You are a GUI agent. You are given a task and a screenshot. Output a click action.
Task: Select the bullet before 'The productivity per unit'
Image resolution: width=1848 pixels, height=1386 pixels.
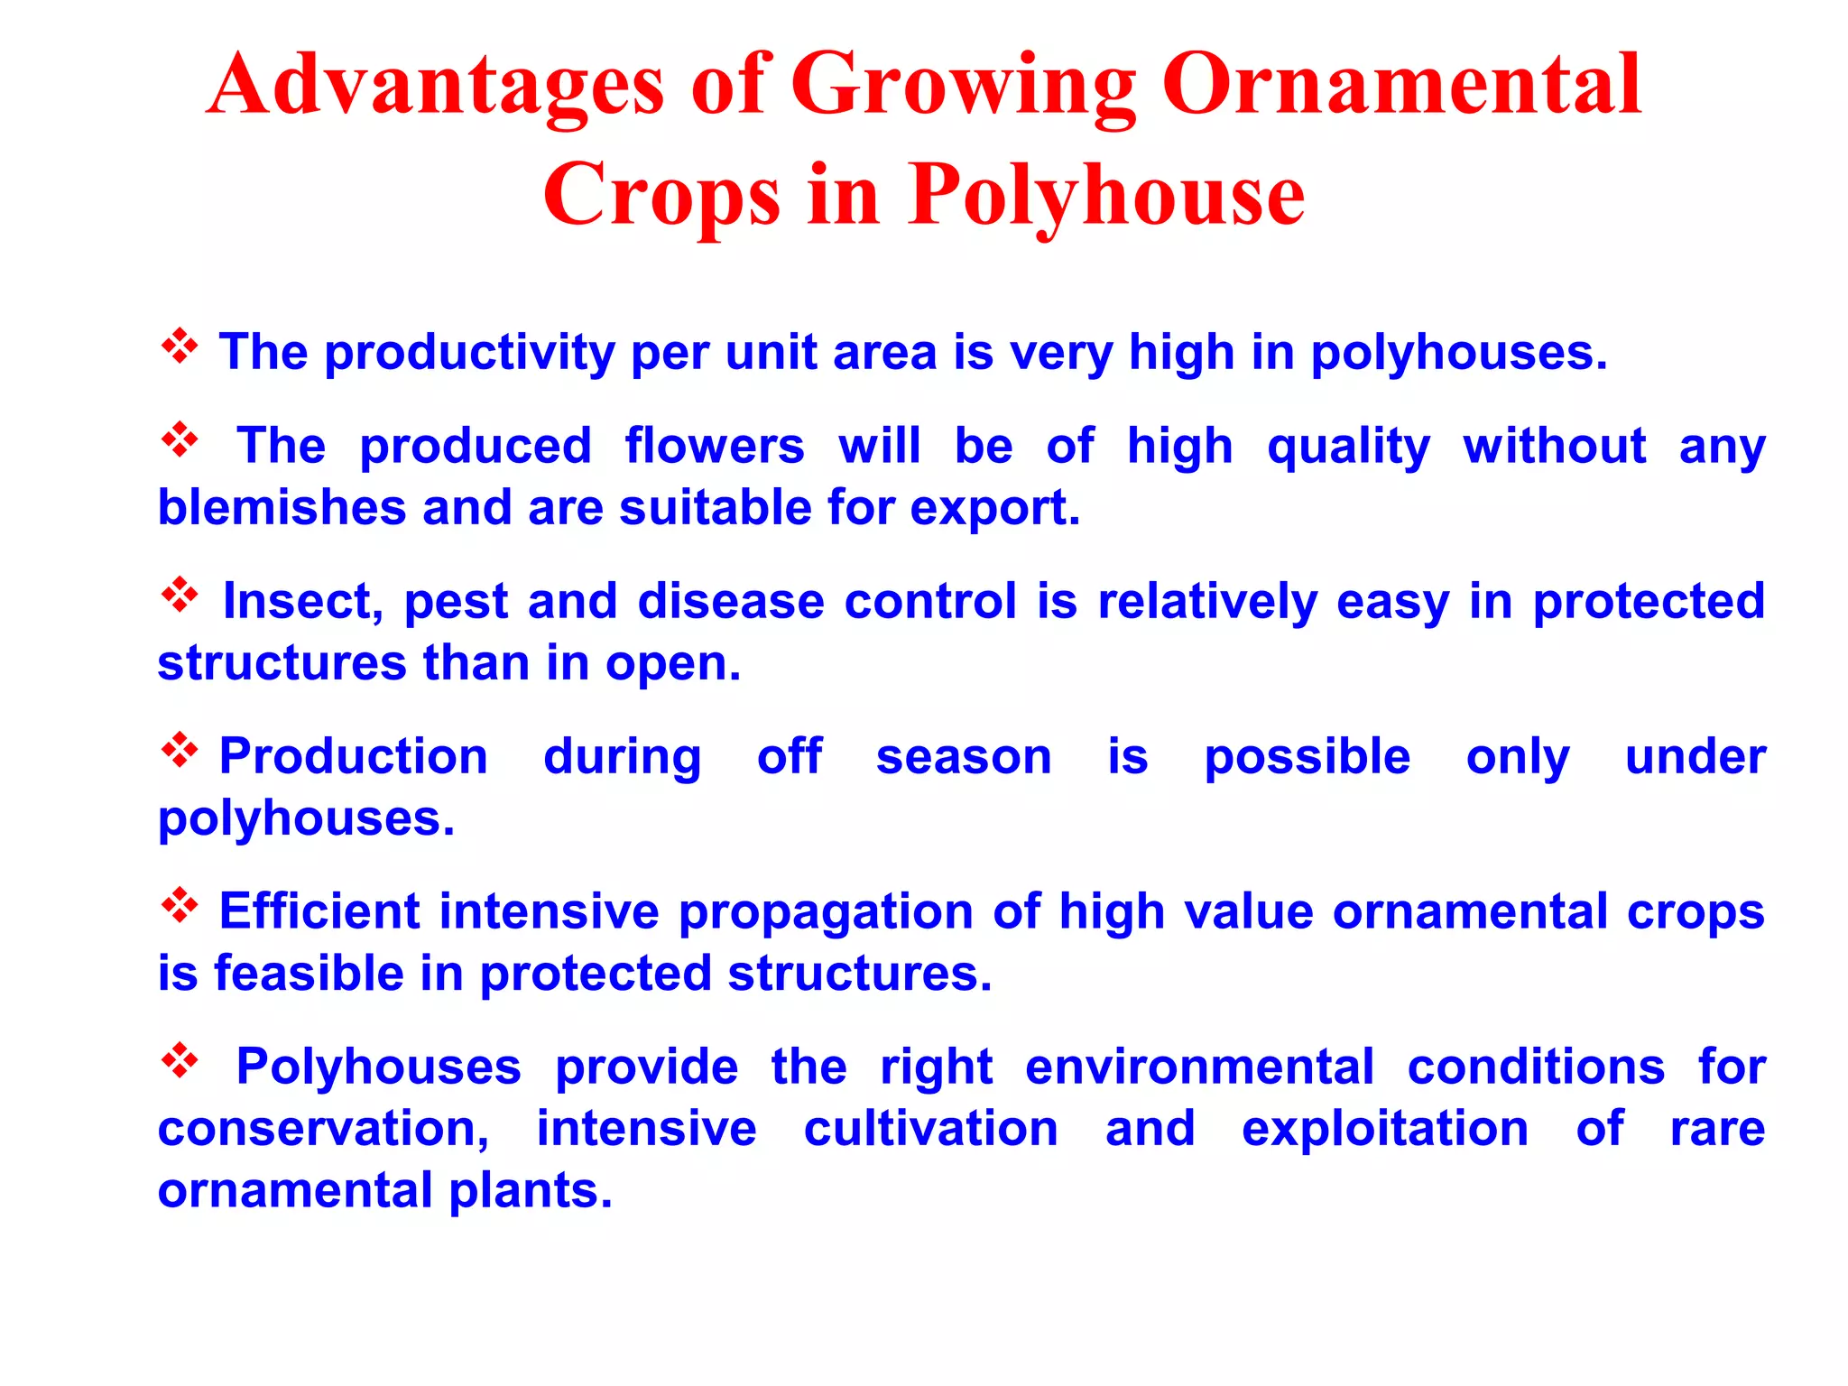tap(180, 346)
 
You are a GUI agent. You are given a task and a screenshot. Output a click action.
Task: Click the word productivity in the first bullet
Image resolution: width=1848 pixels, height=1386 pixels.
tap(469, 353)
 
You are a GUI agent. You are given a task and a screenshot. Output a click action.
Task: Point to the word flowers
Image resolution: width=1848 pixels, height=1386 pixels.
tap(714, 446)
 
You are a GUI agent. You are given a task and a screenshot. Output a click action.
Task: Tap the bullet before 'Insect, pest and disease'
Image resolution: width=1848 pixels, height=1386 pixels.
tap(180, 596)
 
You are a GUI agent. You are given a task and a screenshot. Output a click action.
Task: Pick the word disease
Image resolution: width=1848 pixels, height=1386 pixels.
tap(730, 601)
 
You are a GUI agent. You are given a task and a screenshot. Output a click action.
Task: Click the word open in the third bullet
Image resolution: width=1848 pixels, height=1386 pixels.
tap(672, 665)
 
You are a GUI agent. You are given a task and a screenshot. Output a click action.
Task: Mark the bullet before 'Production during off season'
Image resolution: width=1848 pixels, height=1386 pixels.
tap(180, 751)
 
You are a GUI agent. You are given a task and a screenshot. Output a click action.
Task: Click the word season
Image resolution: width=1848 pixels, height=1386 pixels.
tap(964, 757)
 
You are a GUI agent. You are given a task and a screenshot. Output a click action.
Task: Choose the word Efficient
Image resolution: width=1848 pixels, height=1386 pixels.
tap(319, 911)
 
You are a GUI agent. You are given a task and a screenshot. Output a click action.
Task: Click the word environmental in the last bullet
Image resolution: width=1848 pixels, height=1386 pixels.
tap(1199, 1067)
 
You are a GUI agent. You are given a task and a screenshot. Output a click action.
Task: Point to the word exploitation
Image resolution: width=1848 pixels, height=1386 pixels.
tap(1384, 1130)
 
